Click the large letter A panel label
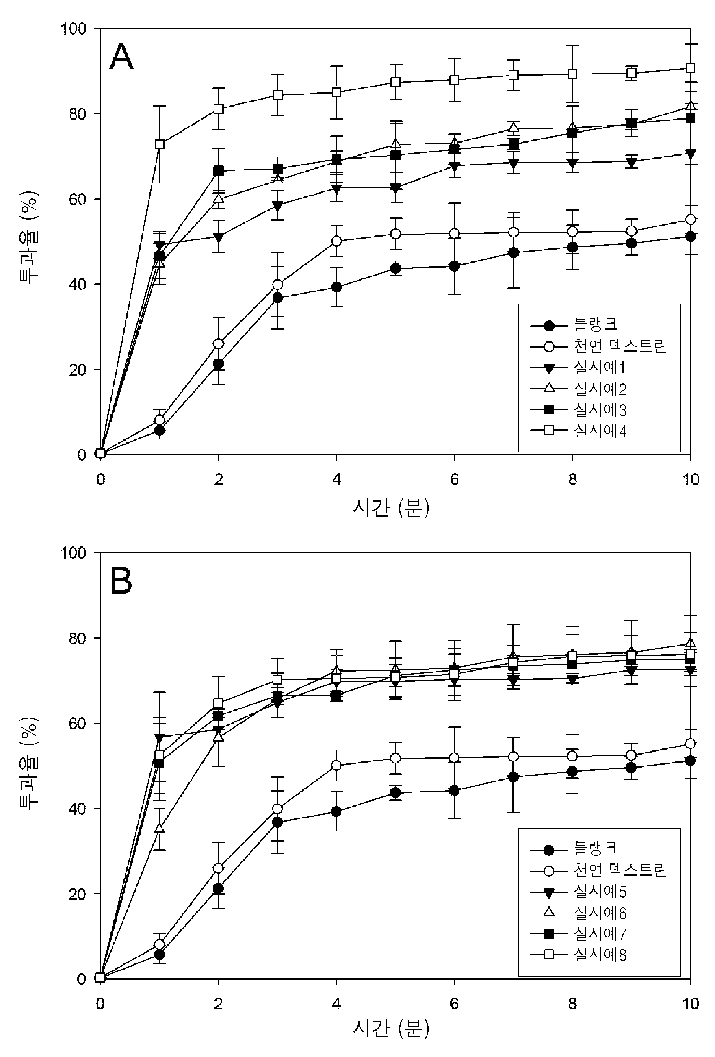pos(121,57)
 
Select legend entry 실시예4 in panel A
pos(600,430)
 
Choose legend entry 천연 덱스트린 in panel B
pos(620,870)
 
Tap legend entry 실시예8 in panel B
pos(600,954)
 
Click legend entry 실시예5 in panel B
pos(600,891)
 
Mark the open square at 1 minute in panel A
pos(160,144)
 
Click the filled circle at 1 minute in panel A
pos(160,430)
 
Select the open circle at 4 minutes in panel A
pos(336,241)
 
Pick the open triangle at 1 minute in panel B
pos(160,828)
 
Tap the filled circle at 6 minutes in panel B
pos(454,790)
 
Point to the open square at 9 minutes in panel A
pos(631,73)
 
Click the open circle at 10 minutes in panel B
pos(690,743)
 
